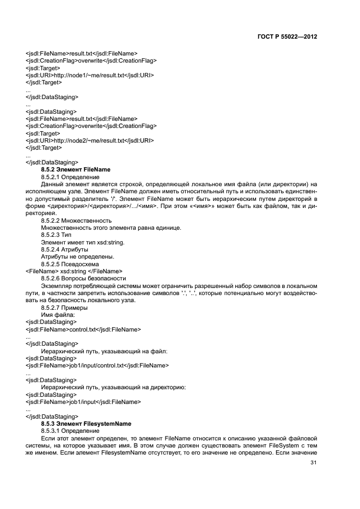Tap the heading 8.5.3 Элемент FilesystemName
click(86, 423)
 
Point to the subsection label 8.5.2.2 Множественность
click(76, 220)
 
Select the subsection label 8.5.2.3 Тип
click(56, 235)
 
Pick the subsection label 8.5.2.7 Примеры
click(64, 308)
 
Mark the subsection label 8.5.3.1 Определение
click(70, 431)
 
